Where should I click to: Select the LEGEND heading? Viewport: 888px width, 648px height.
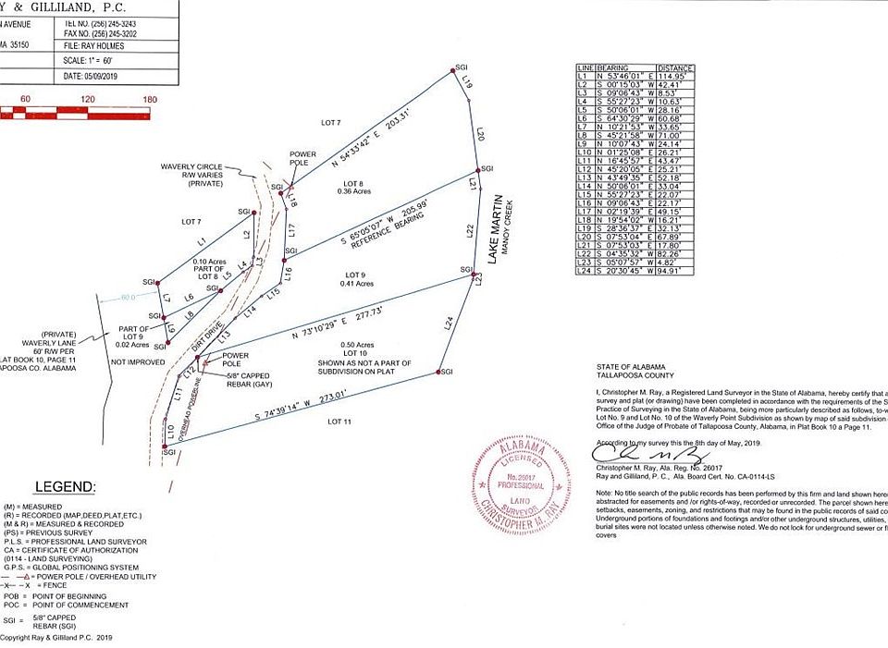tap(64, 486)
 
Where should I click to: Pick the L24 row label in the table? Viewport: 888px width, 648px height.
tap(585, 271)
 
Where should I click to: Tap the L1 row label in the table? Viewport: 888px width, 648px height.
tap(584, 76)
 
